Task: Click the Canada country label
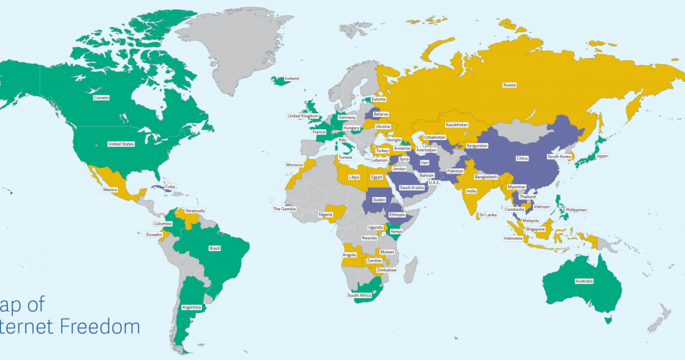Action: click(101, 98)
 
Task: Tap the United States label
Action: click(121, 144)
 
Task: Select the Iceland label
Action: click(292, 78)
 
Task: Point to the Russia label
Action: click(509, 85)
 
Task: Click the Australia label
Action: click(584, 281)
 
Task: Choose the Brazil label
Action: click(214, 248)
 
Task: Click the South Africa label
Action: click(359, 295)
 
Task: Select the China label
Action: click(522, 158)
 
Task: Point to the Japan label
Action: click(601, 156)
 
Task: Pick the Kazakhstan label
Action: click(457, 125)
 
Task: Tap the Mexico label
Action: click(110, 190)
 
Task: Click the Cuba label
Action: click(170, 187)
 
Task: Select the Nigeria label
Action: click(325, 215)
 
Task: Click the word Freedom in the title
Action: click(101, 327)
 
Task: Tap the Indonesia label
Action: click(512, 238)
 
